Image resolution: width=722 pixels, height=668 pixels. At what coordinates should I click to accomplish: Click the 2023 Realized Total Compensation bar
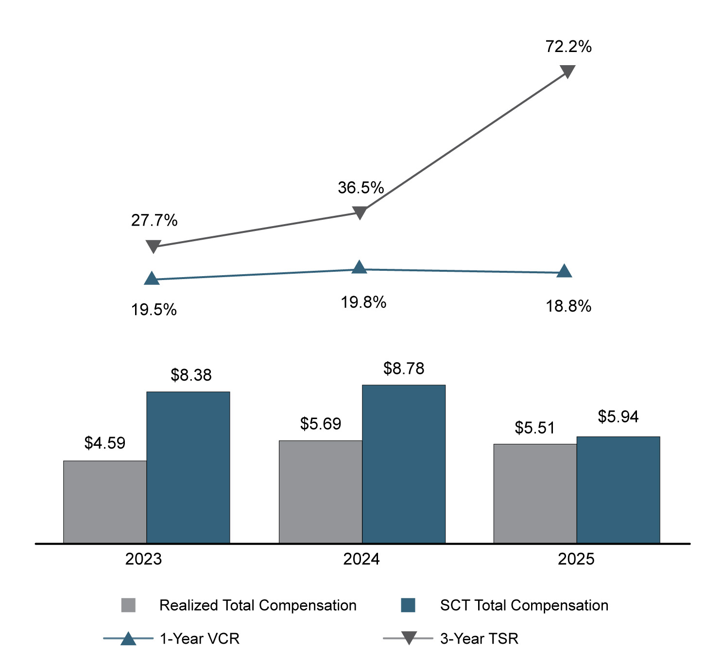[x=105, y=501]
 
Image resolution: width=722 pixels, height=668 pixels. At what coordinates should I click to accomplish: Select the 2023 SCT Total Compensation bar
[x=188, y=467]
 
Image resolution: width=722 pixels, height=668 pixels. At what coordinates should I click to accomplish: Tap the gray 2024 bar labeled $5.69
[x=320, y=492]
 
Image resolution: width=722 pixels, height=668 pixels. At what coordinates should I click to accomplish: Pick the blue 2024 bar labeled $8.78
[x=403, y=464]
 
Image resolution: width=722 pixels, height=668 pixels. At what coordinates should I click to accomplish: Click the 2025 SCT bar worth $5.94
[x=618, y=490]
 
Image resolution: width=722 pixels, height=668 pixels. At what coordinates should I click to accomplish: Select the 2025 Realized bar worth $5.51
[x=535, y=493]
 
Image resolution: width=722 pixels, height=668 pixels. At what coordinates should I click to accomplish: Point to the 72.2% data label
[x=568, y=47]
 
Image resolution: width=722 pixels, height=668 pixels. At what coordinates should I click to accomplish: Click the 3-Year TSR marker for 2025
[x=567, y=71]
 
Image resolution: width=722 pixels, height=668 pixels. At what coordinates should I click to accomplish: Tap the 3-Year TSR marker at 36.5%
[x=360, y=212]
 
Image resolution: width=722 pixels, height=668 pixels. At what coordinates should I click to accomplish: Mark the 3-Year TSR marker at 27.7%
[x=153, y=246]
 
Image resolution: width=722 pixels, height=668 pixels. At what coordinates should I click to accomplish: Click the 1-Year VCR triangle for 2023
[x=152, y=279]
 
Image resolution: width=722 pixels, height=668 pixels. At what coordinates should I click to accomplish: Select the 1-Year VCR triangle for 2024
[x=359, y=267]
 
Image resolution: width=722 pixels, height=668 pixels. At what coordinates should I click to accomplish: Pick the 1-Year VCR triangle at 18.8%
[x=564, y=271]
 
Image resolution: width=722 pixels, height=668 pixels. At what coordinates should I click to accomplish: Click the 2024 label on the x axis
[x=361, y=559]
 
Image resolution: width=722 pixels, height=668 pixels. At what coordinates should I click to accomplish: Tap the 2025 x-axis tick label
[x=576, y=559]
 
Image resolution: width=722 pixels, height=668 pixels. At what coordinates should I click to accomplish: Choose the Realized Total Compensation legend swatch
[x=128, y=605]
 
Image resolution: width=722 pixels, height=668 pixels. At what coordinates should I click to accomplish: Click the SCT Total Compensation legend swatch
[x=408, y=605]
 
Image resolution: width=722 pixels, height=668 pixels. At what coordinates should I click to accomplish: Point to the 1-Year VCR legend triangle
[x=128, y=638]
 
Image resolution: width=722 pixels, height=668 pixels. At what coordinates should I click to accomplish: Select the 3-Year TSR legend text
[x=479, y=638]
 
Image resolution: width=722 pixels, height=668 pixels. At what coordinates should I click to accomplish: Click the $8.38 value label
[x=191, y=375]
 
